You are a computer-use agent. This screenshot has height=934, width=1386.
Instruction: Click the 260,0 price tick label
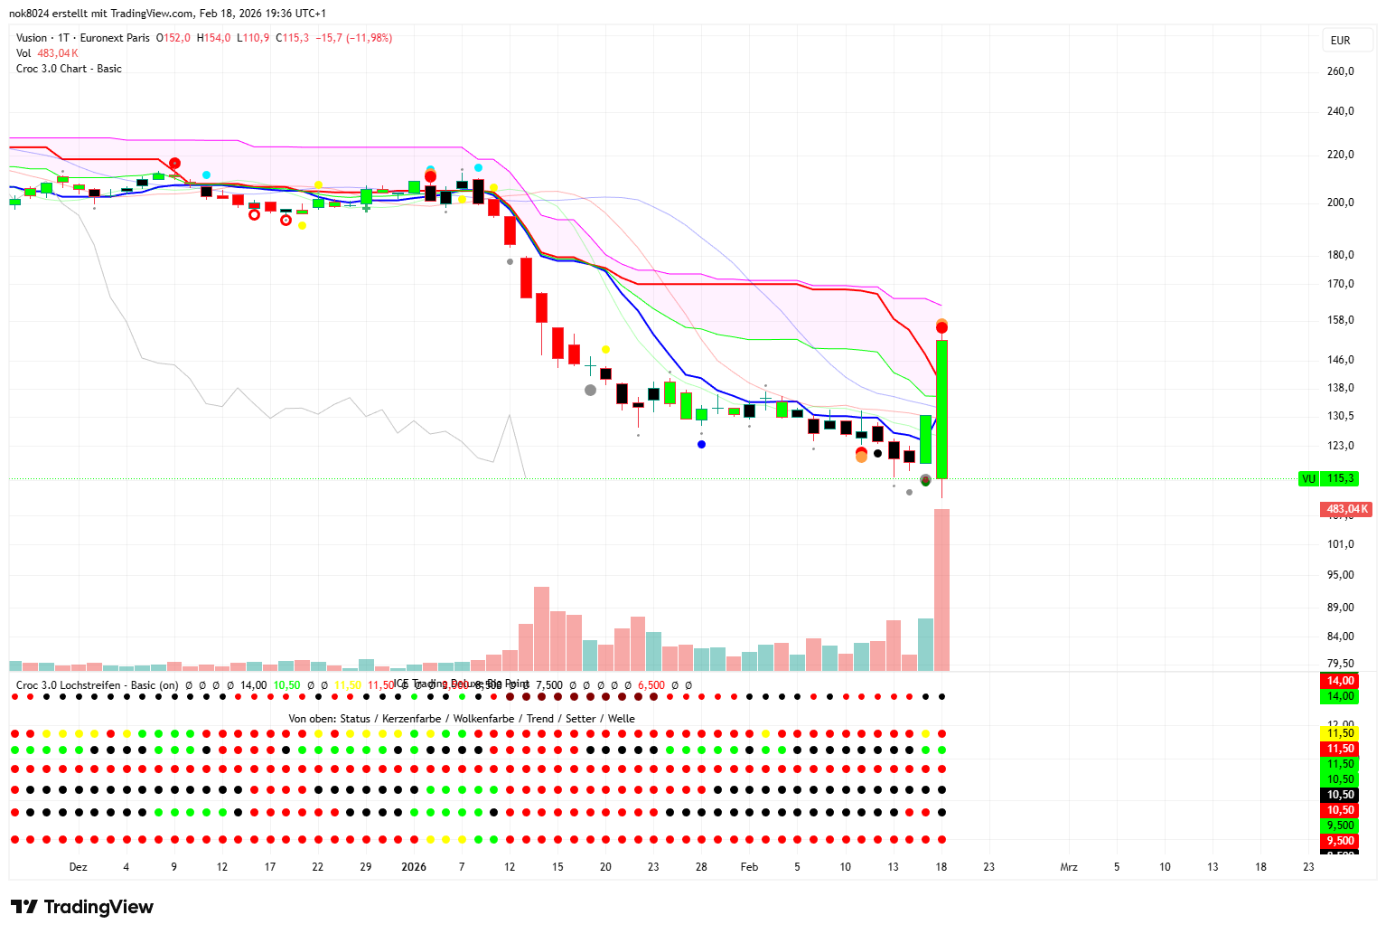[x=1340, y=71]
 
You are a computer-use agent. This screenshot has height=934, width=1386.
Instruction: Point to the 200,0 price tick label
[x=1340, y=203]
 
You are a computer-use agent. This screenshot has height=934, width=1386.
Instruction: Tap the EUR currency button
[x=1340, y=41]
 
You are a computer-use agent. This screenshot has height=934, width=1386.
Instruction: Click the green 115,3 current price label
[x=1340, y=478]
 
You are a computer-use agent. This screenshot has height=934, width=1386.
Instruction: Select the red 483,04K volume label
[x=1345, y=509]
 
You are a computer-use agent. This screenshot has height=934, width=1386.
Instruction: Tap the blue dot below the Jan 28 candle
[x=701, y=444]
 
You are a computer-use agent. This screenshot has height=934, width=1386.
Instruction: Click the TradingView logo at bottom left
[x=82, y=907]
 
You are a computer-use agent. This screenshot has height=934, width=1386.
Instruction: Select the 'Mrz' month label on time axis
[x=1069, y=867]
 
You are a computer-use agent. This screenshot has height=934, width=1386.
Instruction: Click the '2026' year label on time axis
[x=414, y=867]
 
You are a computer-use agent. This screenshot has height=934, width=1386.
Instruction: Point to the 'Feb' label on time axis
[x=749, y=867]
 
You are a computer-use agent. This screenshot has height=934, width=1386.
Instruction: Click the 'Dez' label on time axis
[x=79, y=867]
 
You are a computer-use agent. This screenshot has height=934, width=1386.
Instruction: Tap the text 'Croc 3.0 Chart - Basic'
[x=69, y=69]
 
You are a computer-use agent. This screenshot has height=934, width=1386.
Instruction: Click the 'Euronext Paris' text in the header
[x=115, y=38]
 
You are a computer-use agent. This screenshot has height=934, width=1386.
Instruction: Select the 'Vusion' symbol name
[x=32, y=38]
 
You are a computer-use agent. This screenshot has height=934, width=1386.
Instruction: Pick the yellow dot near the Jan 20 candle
[x=605, y=349]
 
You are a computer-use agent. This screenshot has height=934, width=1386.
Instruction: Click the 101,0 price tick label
[x=1340, y=544]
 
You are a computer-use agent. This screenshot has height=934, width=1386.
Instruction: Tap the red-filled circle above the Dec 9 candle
[x=174, y=163]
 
